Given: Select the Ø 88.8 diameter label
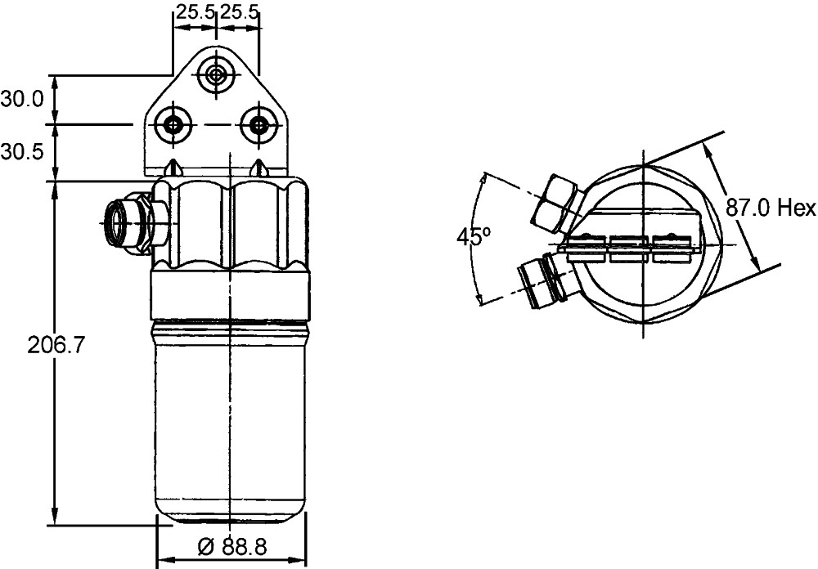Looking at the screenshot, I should tap(233, 546).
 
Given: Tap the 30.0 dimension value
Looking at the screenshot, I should tap(22, 100).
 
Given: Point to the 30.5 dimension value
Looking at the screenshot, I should tap(22, 152).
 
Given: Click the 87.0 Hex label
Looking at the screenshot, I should tap(771, 208).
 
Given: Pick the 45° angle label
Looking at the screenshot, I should tap(474, 237).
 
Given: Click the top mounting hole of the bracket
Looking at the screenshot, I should tap(216, 75).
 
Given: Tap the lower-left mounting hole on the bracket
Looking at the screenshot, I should tap(173, 125).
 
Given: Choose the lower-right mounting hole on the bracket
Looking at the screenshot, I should tap(258, 125).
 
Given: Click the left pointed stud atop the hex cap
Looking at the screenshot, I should tap(173, 168).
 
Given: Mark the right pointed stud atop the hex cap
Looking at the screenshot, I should tap(259, 168).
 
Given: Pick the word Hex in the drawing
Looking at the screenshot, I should tap(797, 208).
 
